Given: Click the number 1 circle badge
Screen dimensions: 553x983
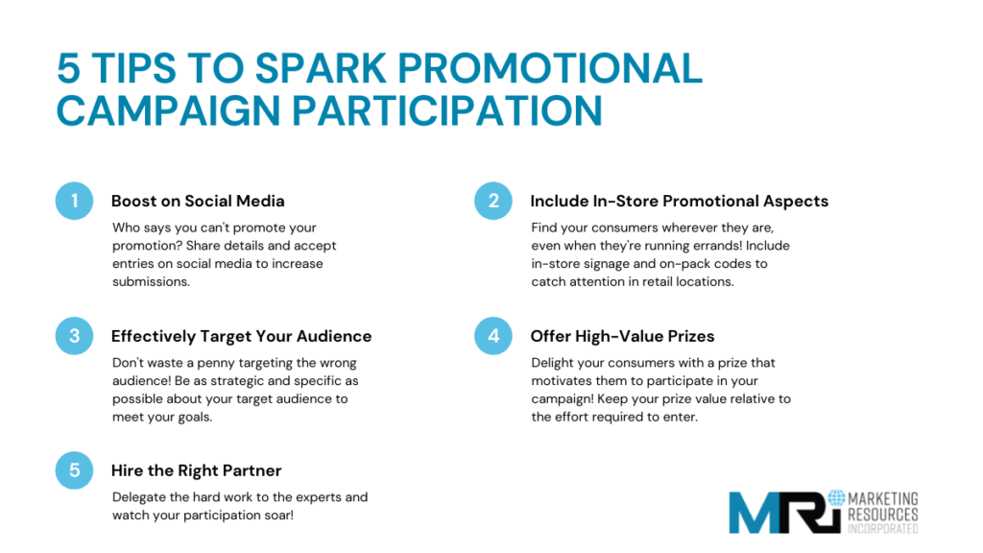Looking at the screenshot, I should [x=74, y=202].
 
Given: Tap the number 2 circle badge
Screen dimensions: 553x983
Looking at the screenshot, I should [x=493, y=202].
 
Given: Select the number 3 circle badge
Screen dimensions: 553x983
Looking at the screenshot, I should [x=74, y=336].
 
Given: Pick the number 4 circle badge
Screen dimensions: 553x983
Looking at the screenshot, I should [x=493, y=336].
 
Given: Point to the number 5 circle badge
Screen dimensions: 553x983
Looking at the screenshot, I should [x=74, y=470].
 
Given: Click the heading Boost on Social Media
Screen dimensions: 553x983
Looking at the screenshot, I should [x=198, y=202].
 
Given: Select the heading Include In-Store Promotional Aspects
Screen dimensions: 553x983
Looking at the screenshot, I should [x=679, y=202].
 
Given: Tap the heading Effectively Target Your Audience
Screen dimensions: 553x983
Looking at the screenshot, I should [x=241, y=336].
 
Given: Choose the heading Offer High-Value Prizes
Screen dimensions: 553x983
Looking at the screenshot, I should [x=622, y=336].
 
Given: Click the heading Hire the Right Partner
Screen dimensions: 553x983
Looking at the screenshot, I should [x=196, y=470].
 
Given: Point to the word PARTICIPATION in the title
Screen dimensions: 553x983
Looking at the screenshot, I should [x=446, y=110].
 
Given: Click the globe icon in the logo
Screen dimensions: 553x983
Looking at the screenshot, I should [x=836, y=498].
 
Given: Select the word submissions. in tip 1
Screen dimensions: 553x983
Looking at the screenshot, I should [x=152, y=281].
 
